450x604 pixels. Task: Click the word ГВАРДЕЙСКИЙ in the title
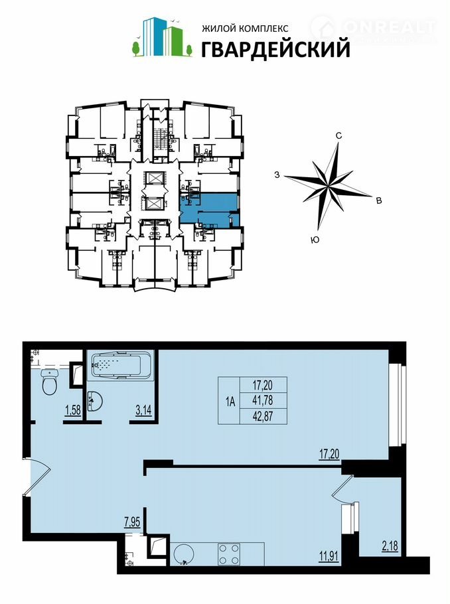(x=276, y=49)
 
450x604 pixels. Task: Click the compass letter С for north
(x=338, y=135)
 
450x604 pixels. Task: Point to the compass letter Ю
(x=315, y=240)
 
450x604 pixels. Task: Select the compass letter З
(x=277, y=175)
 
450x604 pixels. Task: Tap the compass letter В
(x=379, y=200)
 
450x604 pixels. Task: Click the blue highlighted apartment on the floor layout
(x=210, y=209)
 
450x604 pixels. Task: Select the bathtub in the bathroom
(x=120, y=364)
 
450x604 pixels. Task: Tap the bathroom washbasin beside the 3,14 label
(x=95, y=402)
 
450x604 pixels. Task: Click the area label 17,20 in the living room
(x=329, y=454)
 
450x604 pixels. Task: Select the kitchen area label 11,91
(x=329, y=556)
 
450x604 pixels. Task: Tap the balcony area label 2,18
(x=390, y=546)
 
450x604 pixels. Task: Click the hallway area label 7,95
(x=131, y=522)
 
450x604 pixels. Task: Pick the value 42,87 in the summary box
(x=263, y=416)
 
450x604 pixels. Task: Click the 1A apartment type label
(x=230, y=402)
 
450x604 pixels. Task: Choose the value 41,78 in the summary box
(x=263, y=401)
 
